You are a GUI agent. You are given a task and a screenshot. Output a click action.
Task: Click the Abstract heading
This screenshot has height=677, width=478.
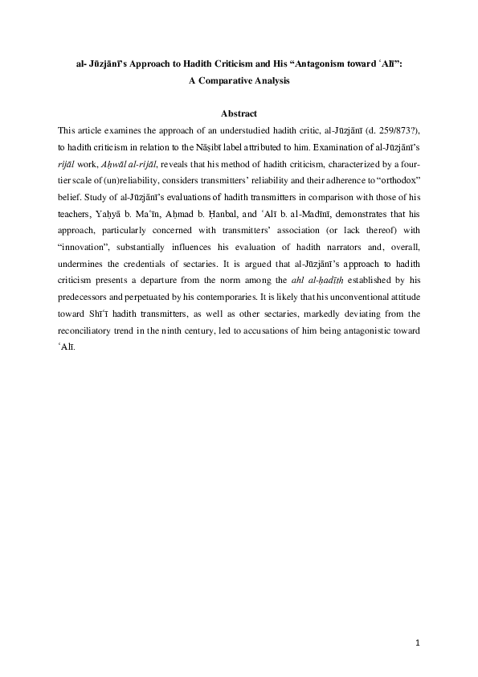click(x=239, y=114)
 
